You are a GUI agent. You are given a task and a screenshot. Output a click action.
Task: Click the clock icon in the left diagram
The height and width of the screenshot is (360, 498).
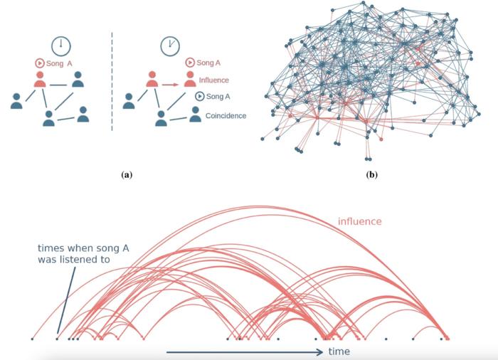pyautogui.click(x=60, y=46)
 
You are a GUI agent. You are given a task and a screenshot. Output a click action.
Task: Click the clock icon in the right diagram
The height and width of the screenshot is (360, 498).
pyautogui.click(x=169, y=46)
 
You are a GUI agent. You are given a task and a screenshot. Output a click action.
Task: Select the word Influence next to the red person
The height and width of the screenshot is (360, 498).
pyautogui.click(x=213, y=80)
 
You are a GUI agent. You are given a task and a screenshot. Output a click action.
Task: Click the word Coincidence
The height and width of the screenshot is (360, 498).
pyautogui.click(x=226, y=115)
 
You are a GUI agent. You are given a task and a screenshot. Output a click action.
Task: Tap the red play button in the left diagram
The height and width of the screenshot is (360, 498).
pyautogui.click(x=39, y=63)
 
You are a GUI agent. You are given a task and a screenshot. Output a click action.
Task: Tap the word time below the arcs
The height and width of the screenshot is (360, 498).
pyautogui.click(x=339, y=351)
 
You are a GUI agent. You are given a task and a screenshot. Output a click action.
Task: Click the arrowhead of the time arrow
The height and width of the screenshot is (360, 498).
pyautogui.click(x=322, y=351)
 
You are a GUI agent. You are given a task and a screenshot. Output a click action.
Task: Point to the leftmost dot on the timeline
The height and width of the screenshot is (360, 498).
pyautogui.click(x=33, y=339)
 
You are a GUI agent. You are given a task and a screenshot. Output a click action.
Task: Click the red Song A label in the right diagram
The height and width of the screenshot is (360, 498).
pyautogui.click(x=211, y=63)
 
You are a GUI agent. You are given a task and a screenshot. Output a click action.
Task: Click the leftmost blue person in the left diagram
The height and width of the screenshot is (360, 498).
pyautogui.click(x=16, y=101)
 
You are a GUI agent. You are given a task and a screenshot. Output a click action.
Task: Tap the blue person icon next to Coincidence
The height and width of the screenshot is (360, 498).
pyautogui.click(x=195, y=114)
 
